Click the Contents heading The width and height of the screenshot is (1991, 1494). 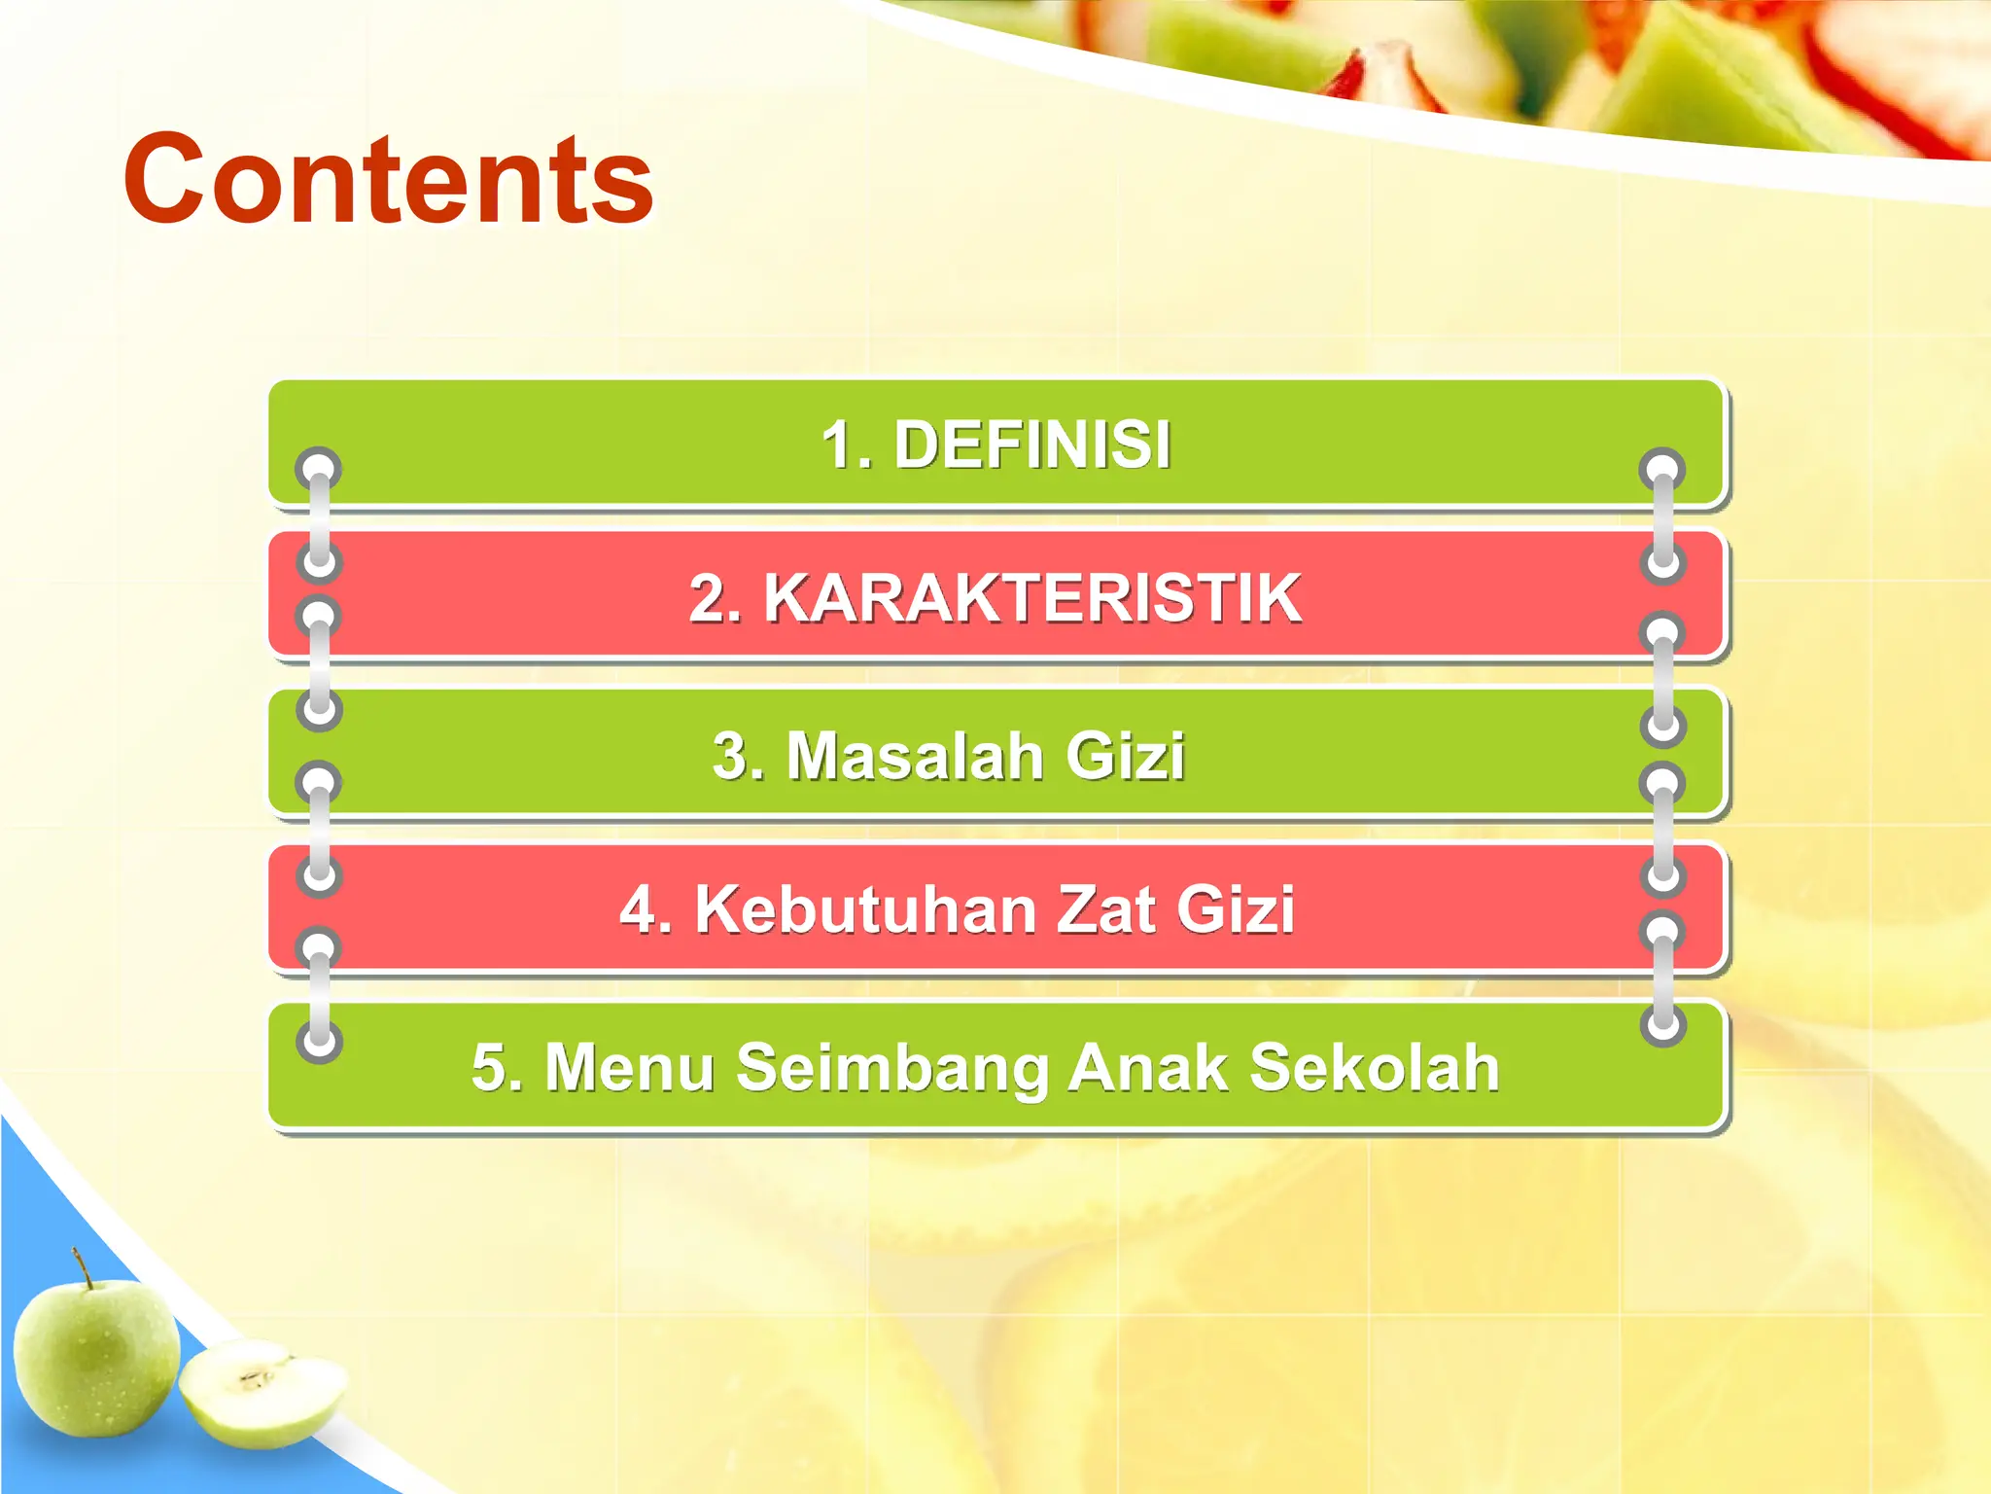tap(388, 181)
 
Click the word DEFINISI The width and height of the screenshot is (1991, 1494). tap(1031, 445)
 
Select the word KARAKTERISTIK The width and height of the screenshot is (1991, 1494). tap(1032, 597)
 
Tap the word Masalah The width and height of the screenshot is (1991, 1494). tap(914, 756)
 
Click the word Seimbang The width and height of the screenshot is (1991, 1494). tap(892, 1067)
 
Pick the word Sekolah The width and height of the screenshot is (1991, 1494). tap(1374, 1067)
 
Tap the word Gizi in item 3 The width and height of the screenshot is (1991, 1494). tap(1125, 756)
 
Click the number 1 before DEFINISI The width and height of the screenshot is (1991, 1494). tap(838, 445)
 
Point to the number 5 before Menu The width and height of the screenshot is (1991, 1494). tap(489, 1067)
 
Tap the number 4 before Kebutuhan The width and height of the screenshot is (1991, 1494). tap(639, 910)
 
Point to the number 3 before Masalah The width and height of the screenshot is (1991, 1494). tap(731, 756)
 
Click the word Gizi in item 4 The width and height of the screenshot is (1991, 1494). tap(1235, 910)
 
